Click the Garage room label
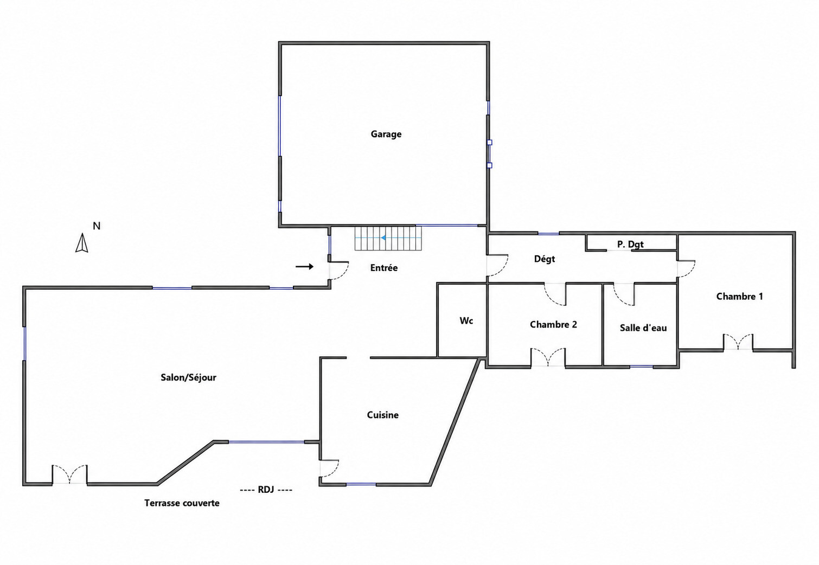[x=386, y=134]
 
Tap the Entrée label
[x=384, y=268]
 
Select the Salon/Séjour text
[x=188, y=377]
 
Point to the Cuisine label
[x=383, y=415]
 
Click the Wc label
[x=466, y=320]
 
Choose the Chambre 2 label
[x=553, y=324]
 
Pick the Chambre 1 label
[x=739, y=296]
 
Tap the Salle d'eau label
[x=643, y=328]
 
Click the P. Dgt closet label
[x=630, y=244]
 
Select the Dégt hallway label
[x=545, y=259]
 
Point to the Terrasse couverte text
[x=182, y=503]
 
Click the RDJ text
[x=266, y=490]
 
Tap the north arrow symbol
[x=82, y=243]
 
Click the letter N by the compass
[x=97, y=226]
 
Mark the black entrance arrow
[x=305, y=267]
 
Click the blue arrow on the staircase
[x=383, y=238]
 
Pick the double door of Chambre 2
[x=548, y=357]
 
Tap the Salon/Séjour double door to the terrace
[x=69, y=474]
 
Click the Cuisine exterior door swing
[x=330, y=468]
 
